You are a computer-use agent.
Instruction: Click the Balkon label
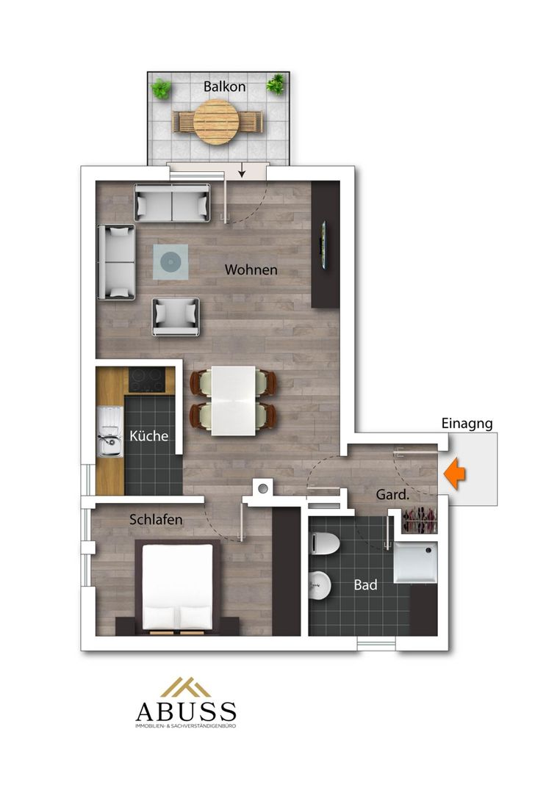(224, 87)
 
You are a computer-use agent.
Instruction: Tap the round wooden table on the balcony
(216, 122)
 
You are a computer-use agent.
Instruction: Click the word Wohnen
(251, 269)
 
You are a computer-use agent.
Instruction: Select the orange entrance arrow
(455, 474)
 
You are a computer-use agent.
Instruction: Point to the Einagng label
(467, 424)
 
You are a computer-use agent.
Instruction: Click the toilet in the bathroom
(324, 543)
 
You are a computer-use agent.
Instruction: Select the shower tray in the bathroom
(415, 562)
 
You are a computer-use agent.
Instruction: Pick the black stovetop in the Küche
(147, 380)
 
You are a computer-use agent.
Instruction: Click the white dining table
(233, 400)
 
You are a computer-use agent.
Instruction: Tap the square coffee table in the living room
(170, 262)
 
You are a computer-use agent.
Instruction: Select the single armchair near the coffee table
(176, 316)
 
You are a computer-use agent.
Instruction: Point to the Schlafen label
(156, 519)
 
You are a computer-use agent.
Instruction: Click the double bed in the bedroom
(177, 587)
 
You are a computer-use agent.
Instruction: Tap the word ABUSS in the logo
(186, 711)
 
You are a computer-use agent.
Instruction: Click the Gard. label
(392, 495)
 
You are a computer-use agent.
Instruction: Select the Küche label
(148, 435)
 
